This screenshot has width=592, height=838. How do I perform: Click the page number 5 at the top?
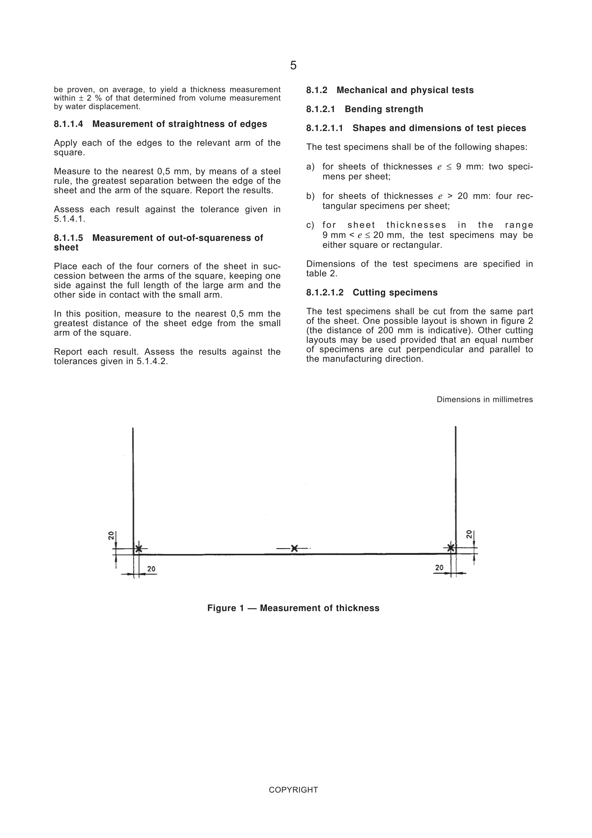point(293,65)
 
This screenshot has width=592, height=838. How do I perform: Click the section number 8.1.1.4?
point(69,124)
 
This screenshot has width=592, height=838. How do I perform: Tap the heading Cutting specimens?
point(395,292)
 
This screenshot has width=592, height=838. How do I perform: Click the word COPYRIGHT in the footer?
point(293,790)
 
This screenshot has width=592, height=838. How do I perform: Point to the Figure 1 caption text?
point(293,608)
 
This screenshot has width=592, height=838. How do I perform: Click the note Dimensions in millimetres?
point(484,399)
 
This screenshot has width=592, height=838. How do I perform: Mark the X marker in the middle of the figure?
point(294,548)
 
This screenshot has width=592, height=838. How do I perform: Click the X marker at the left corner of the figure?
point(139,549)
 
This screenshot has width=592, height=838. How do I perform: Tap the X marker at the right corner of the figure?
point(451,547)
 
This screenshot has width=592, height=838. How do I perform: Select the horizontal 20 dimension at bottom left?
point(151,568)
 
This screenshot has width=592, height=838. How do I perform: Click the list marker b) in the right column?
point(310,196)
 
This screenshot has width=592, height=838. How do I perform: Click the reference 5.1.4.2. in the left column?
point(152,361)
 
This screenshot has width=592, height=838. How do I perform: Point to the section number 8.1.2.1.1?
point(325,128)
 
